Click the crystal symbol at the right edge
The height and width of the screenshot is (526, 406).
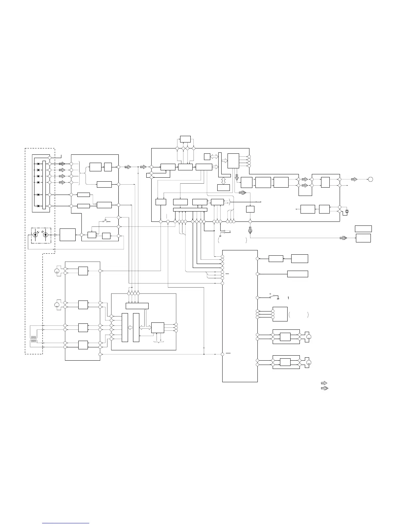347,212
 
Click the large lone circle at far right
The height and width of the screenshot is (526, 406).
371,179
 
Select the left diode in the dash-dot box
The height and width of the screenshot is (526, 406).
35,235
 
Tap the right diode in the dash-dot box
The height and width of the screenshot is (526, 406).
45,235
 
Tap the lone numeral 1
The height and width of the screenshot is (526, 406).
288,298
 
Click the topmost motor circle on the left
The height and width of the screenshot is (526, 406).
57,271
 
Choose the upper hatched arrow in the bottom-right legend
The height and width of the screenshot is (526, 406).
324,383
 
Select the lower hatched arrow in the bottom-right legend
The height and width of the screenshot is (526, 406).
324,388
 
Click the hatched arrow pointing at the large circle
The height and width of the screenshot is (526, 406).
354,179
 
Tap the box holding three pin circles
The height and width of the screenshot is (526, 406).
280,314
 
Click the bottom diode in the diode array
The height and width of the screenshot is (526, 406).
38,206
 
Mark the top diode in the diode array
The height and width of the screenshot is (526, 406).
38,164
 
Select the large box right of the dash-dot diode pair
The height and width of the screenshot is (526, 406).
67,235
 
